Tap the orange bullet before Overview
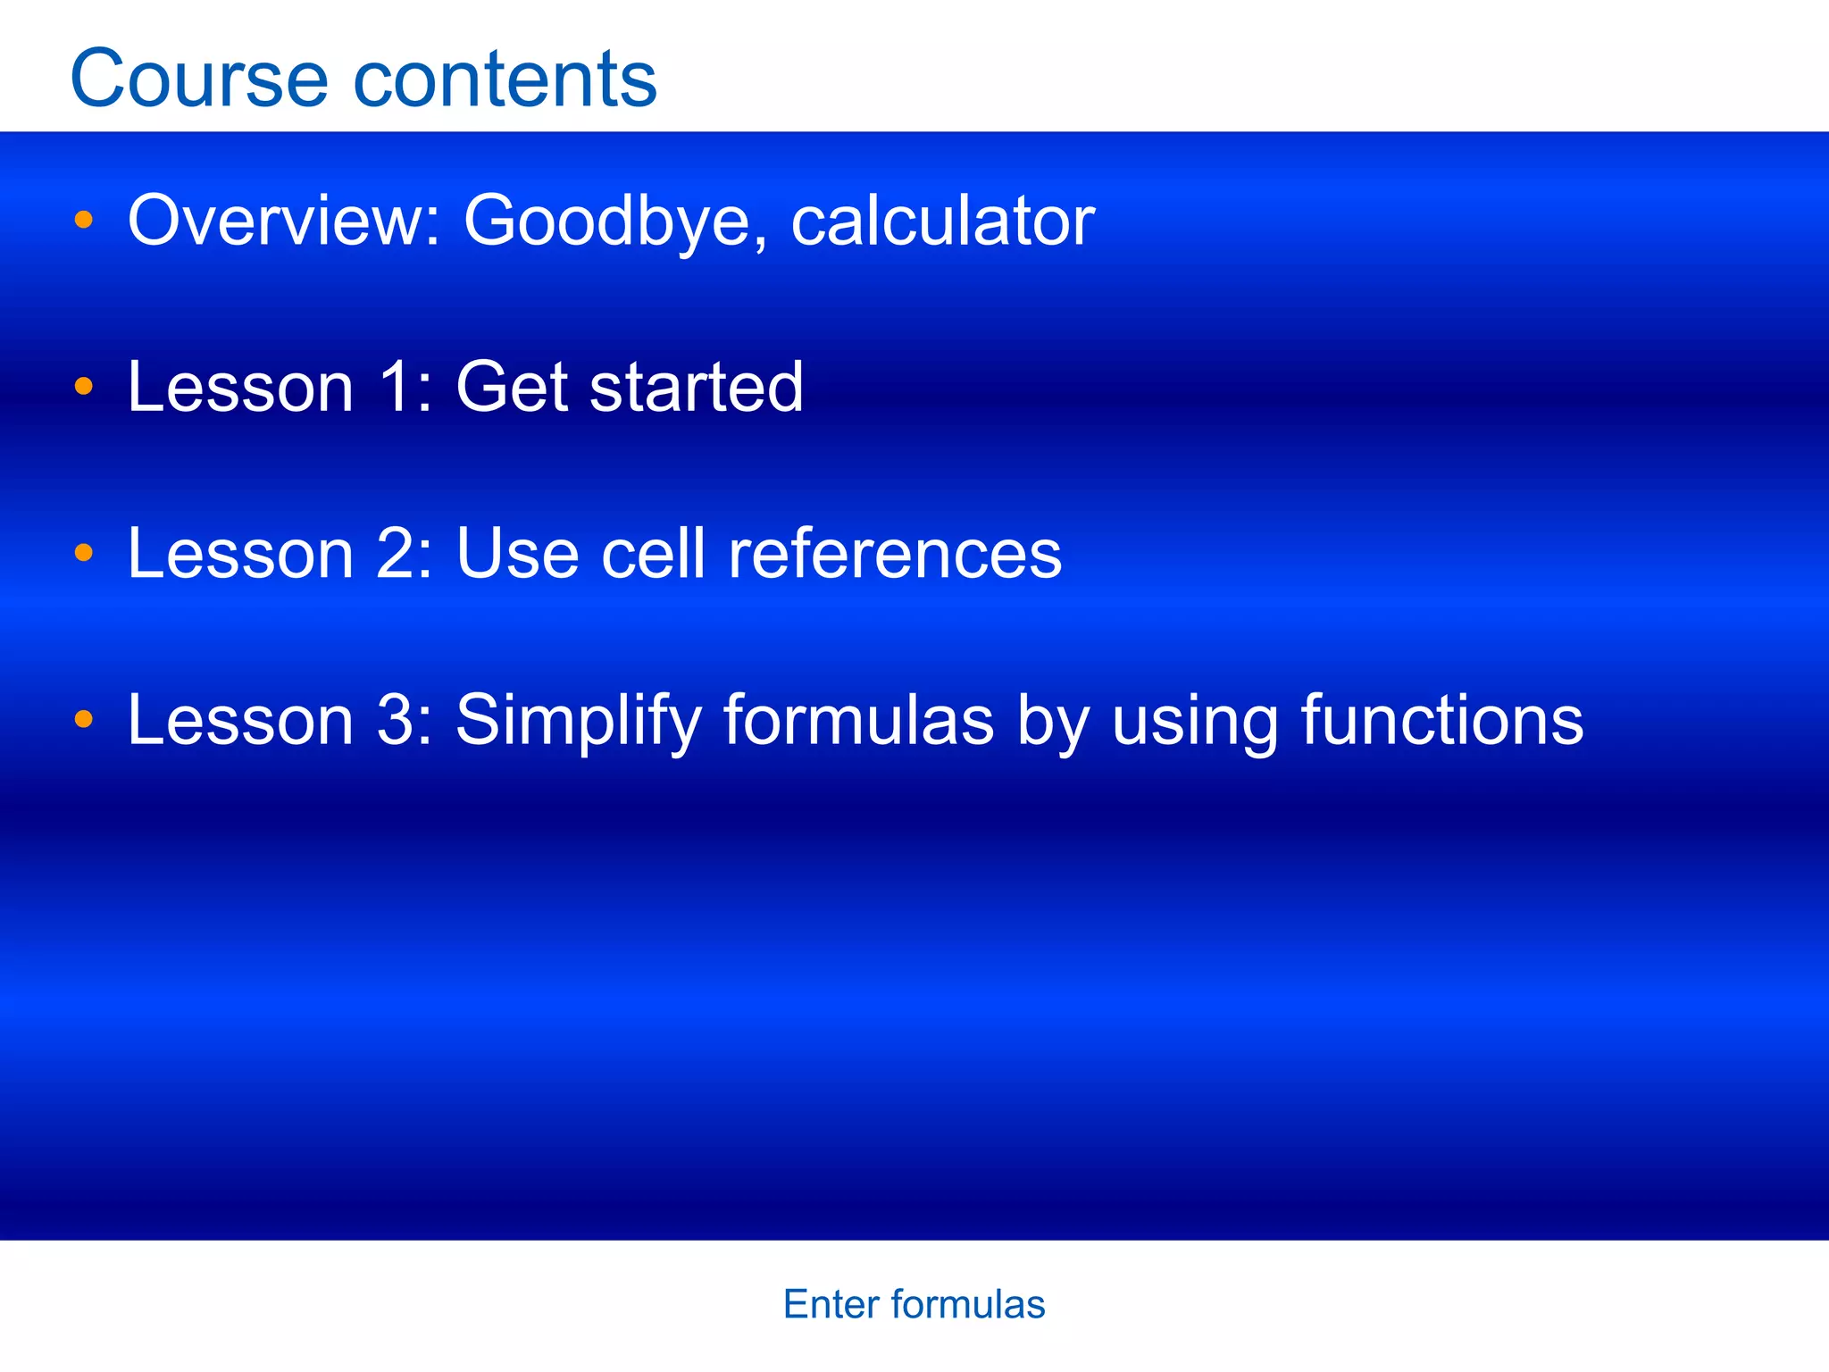pos(84,220)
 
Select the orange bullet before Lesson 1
pos(84,387)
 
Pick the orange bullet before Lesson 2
pos(84,553)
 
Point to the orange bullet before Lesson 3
pos(84,719)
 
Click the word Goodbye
pos(607,222)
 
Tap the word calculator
pos(942,222)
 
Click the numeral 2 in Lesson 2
pos(398,553)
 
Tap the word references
pos(895,553)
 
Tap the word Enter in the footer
pos(831,1305)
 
